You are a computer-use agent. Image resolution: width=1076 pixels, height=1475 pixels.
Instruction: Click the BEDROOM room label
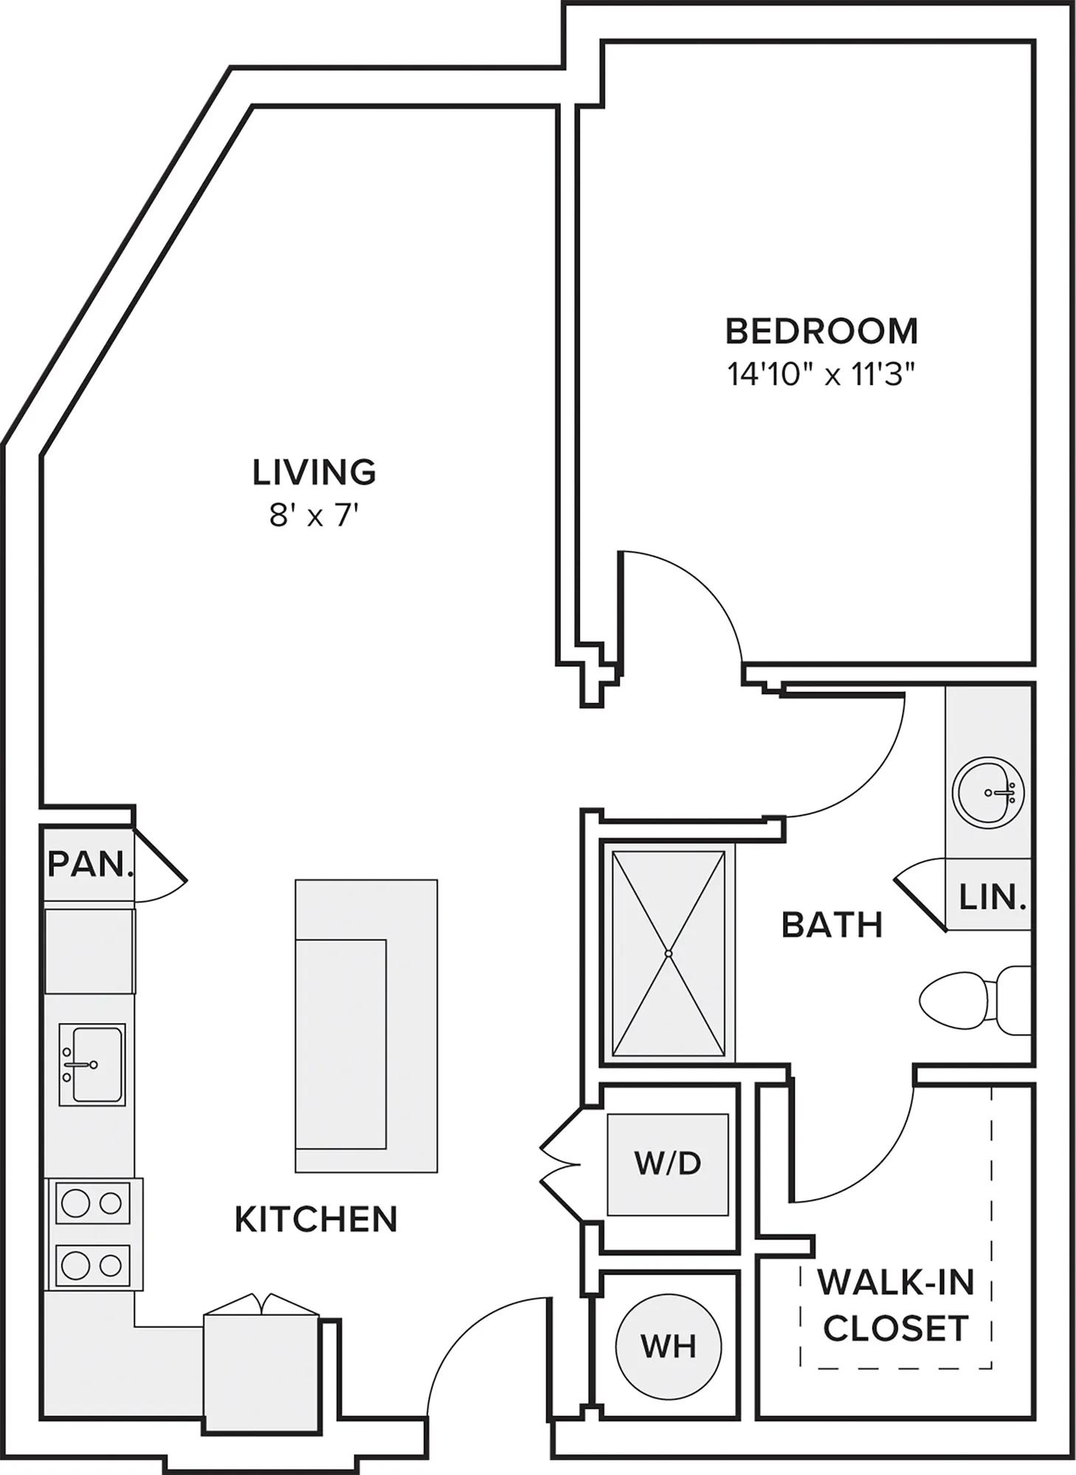click(x=821, y=331)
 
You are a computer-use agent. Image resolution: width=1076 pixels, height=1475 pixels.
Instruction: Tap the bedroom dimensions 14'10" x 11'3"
click(x=821, y=375)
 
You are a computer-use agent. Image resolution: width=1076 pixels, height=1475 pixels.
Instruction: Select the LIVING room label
click(x=314, y=472)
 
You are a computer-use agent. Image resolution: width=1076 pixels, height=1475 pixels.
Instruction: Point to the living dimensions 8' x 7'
click(x=314, y=516)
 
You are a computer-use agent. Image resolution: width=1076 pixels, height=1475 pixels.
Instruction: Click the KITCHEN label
click(x=316, y=1219)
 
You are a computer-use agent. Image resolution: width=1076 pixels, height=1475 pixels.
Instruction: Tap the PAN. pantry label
click(x=91, y=864)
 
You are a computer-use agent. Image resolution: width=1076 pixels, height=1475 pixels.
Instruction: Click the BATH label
click(x=832, y=924)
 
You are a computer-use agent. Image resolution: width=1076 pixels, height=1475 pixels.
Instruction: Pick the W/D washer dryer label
click(x=668, y=1163)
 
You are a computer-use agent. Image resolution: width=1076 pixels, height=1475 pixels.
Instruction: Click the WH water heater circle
click(x=669, y=1346)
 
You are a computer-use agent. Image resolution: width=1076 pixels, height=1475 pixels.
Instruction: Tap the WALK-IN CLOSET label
click(x=896, y=1305)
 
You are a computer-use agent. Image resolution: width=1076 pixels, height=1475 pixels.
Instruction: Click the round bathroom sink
click(x=988, y=793)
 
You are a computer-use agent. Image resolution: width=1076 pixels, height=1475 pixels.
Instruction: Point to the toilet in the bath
click(x=974, y=999)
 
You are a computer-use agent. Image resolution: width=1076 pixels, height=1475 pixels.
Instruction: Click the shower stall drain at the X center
click(x=669, y=954)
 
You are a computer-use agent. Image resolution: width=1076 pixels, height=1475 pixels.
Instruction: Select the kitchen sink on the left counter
click(x=92, y=1063)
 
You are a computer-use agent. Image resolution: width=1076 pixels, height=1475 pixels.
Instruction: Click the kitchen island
click(x=366, y=1026)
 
